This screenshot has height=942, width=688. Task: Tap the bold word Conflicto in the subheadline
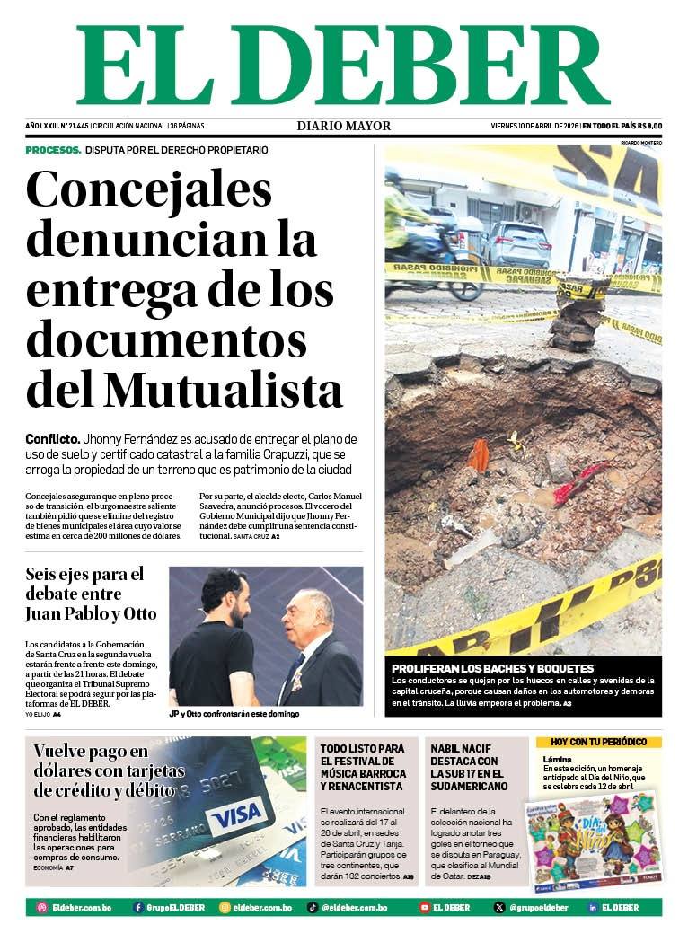52,439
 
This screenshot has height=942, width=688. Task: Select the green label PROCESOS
53,150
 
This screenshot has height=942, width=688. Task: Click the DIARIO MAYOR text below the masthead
344,126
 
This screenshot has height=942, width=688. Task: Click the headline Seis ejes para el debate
91,594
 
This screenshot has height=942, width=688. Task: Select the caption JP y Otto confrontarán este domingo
234,714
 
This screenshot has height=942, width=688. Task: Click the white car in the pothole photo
519,243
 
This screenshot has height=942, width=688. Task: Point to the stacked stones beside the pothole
579,314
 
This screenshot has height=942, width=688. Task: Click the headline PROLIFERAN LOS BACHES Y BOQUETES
492,668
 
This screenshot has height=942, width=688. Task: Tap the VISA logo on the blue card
239,815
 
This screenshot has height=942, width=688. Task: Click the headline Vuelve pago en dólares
109,770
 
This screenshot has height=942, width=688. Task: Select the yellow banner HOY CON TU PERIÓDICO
598,742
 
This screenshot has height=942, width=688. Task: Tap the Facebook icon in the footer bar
138,908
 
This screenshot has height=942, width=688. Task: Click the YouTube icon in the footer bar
425,908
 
